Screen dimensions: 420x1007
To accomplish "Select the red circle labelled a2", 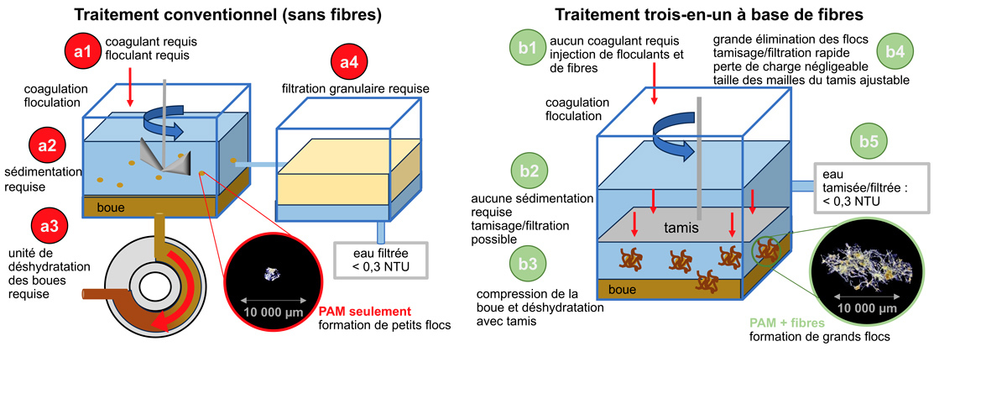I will click(x=47, y=146).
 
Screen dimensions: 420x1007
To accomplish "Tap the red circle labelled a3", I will click(x=47, y=225).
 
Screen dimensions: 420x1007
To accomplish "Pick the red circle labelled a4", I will click(x=351, y=61).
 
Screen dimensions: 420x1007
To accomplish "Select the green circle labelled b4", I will click(x=895, y=51).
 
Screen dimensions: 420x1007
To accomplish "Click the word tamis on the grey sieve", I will click(x=681, y=227).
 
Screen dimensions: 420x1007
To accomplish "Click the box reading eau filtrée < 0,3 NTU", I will click(x=381, y=260).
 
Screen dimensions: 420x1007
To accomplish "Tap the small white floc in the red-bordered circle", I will click(x=272, y=272).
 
